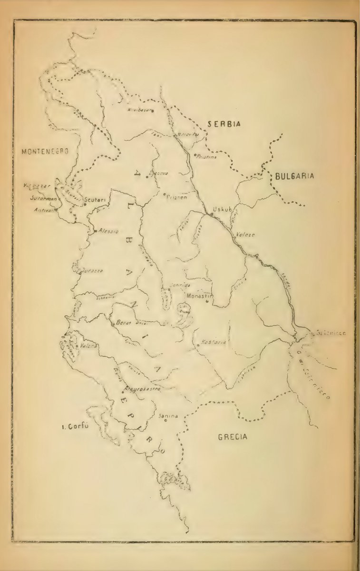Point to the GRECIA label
[233, 437]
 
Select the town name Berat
[123, 323]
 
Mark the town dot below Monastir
[207, 302]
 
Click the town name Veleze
[246, 235]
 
